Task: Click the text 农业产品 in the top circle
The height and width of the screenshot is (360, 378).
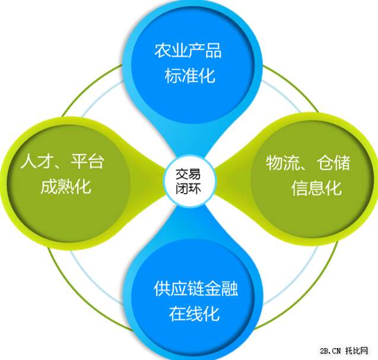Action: (188, 50)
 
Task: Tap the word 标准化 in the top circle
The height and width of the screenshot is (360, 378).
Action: (189, 76)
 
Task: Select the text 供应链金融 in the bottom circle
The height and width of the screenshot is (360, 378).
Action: (195, 288)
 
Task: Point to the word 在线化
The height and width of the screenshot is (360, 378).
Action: (194, 314)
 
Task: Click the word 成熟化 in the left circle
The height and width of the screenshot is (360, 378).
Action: (65, 187)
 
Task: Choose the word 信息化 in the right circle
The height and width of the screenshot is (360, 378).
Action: (316, 188)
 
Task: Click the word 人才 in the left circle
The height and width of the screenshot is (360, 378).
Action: (37, 161)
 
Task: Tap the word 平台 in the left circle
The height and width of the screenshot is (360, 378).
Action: (87, 161)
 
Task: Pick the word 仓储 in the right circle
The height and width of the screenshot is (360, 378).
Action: (333, 163)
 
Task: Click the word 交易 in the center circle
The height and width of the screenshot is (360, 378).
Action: (188, 174)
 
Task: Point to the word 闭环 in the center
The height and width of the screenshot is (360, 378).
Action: (188, 188)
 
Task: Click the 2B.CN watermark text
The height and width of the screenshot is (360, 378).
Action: (331, 351)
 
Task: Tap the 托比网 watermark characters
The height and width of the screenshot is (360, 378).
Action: (357, 350)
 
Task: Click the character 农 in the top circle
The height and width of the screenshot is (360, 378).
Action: (163, 50)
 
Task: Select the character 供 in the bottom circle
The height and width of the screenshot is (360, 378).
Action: (162, 288)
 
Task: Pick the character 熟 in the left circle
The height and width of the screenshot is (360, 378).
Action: (65, 187)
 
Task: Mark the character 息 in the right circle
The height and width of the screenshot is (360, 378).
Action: (316, 188)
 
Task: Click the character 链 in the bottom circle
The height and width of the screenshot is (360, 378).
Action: (195, 288)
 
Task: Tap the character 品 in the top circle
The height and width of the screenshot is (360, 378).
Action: (213, 50)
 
